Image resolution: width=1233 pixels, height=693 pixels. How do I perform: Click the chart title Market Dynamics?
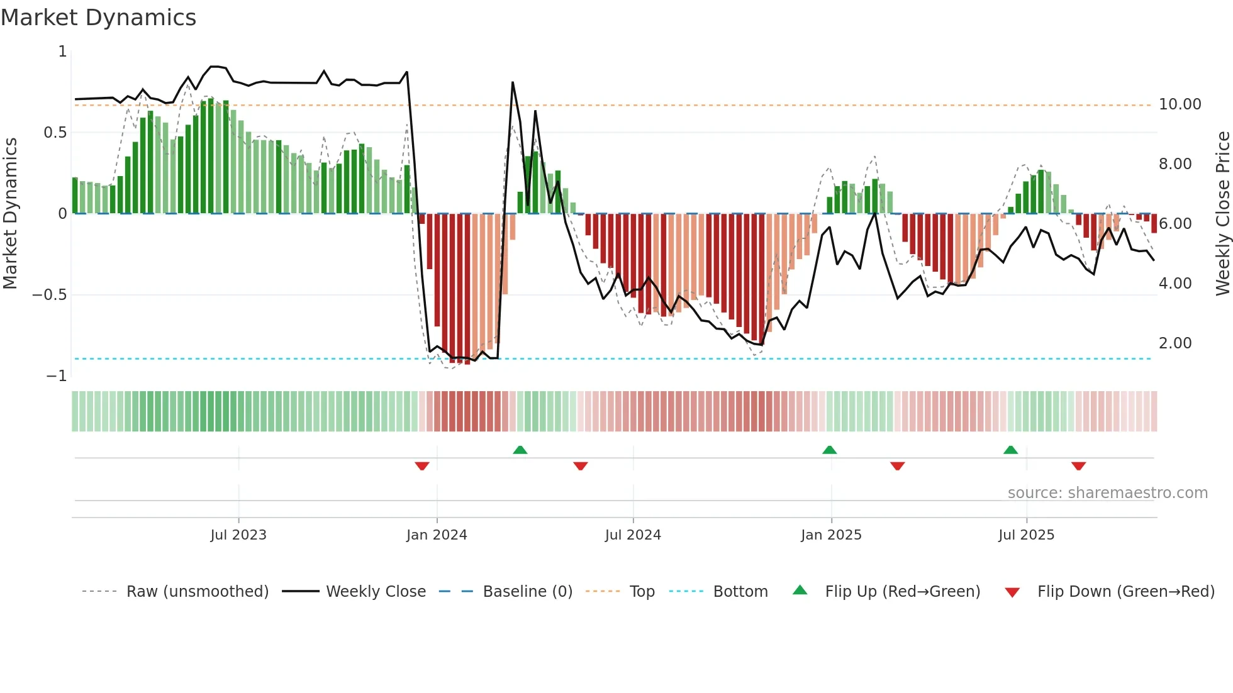(x=99, y=18)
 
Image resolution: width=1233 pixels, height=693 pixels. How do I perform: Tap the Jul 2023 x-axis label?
(x=238, y=535)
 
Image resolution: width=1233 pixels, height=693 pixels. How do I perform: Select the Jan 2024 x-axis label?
(x=437, y=535)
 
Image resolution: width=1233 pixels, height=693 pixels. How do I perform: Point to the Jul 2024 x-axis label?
(x=633, y=535)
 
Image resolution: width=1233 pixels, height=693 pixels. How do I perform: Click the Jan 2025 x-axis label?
(x=831, y=535)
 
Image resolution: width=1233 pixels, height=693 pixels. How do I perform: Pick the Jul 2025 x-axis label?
(x=1026, y=535)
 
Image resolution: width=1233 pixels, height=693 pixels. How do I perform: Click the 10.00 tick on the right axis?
(x=1180, y=104)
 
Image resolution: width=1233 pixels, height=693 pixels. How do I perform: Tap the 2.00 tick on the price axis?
(x=1174, y=343)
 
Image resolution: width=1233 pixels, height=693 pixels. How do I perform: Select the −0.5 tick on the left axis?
(x=49, y=295)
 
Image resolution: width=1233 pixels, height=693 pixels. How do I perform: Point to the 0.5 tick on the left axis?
(x=55, y=133)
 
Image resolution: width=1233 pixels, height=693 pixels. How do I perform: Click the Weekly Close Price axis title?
(x=1222, y=213)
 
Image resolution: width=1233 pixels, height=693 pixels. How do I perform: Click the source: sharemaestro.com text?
(x=1107, y=493)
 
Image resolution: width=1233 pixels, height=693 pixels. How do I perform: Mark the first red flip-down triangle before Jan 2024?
(x=422, y=466)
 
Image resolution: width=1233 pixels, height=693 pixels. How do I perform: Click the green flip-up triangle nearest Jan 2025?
(x=829, y=450)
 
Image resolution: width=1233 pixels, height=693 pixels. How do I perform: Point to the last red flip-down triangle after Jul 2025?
(x=1078, y=466)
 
